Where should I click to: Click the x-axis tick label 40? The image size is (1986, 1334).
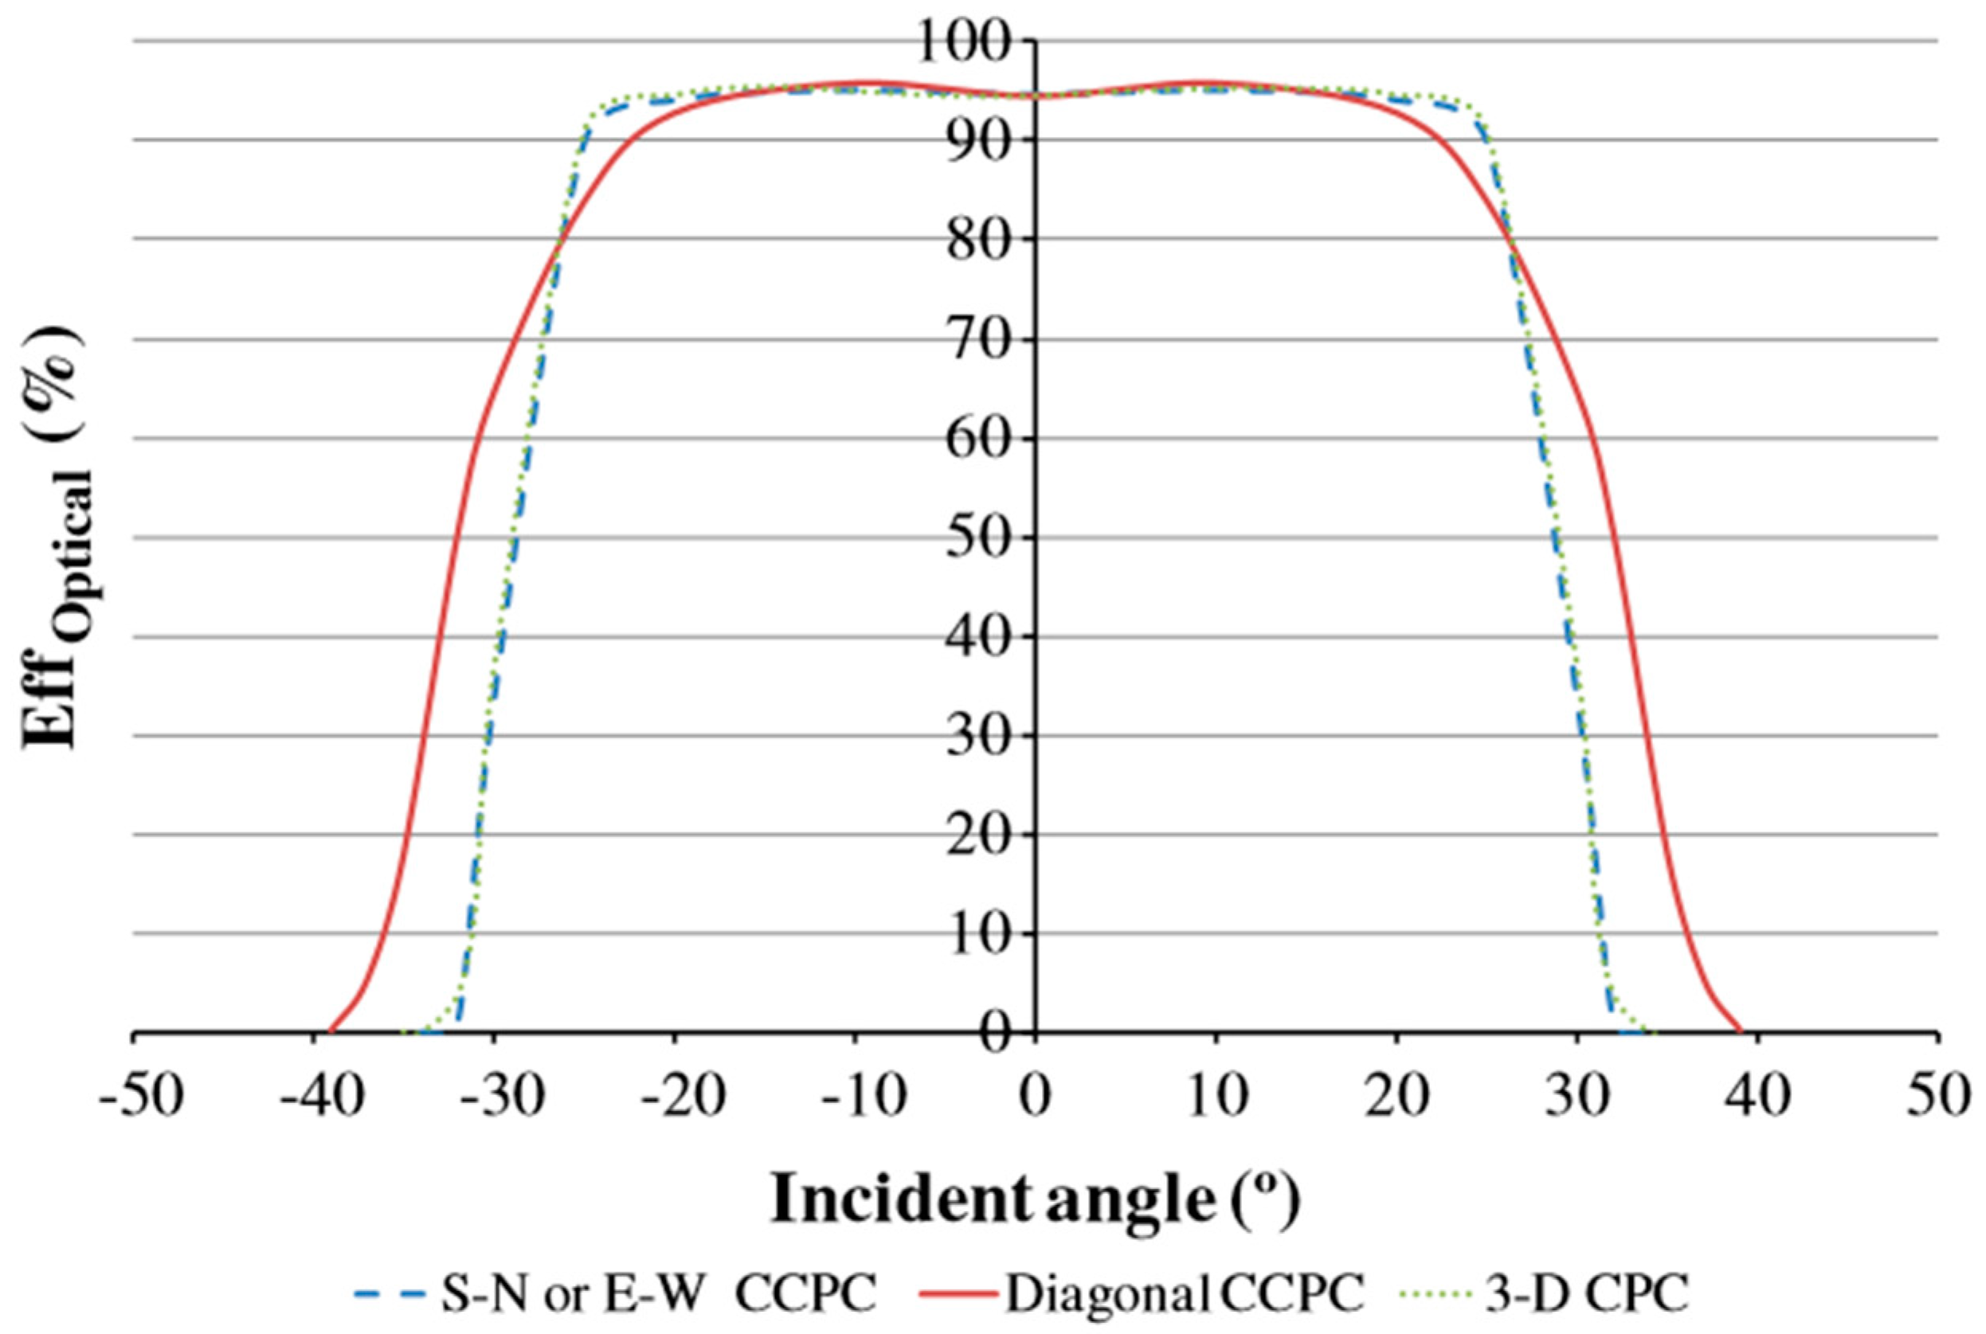[1759, 1097]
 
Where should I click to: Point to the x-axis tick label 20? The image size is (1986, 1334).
[1396, 1097]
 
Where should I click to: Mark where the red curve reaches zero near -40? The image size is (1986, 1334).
[330, 1031]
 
